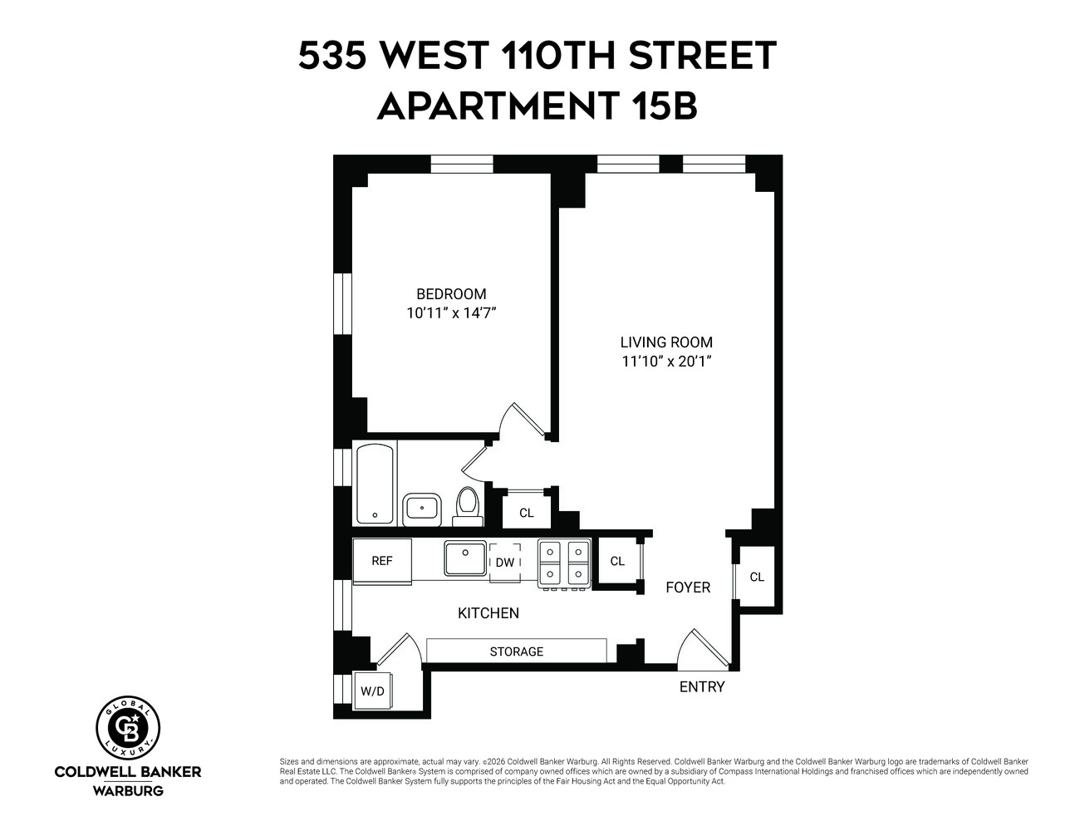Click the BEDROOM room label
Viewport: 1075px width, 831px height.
451,294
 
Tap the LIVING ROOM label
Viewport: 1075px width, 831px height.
666,342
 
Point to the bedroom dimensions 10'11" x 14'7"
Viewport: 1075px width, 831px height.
451,313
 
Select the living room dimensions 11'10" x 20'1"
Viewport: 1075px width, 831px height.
666,361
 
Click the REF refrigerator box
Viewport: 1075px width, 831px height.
382,561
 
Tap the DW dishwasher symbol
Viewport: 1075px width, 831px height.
505,562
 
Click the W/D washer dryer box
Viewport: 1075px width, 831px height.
372,691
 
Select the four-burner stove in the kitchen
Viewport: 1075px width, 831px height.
564,563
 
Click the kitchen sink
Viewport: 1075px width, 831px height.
464,558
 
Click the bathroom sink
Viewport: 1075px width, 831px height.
422,508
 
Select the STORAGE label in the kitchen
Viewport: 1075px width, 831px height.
516,652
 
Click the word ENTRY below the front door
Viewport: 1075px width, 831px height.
702,687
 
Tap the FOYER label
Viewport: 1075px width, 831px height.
688,588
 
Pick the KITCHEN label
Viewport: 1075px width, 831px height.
488,613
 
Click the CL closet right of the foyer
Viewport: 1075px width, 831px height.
757,577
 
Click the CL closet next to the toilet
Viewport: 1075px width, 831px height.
527,513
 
